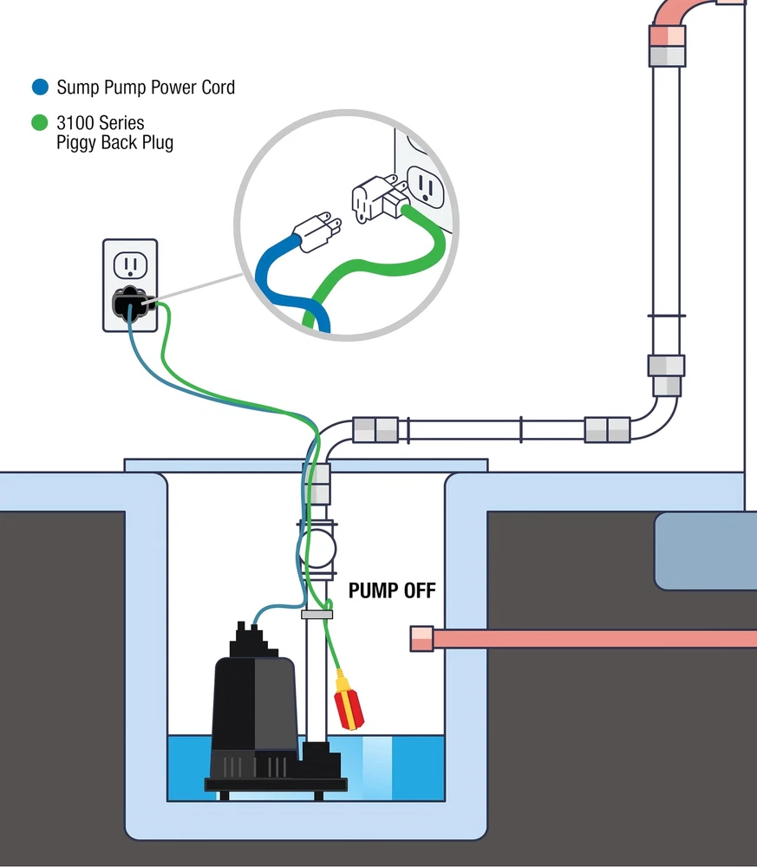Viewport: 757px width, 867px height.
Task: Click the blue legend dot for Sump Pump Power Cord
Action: tap(40, 88)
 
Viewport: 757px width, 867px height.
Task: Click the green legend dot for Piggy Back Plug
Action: tap(40, 123)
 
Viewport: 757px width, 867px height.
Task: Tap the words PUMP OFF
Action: tap(392, 591)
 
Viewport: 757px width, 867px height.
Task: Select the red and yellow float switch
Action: tap(346, 701)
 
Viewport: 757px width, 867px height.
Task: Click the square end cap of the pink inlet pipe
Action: tap(421, 639)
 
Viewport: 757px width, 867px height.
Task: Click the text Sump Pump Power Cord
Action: tap(146, 88)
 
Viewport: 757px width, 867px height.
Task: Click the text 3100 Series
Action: tap(100, 123)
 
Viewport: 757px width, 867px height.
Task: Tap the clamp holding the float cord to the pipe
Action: tap(317, 614)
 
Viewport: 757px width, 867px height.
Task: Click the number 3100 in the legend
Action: tap(76, 123)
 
